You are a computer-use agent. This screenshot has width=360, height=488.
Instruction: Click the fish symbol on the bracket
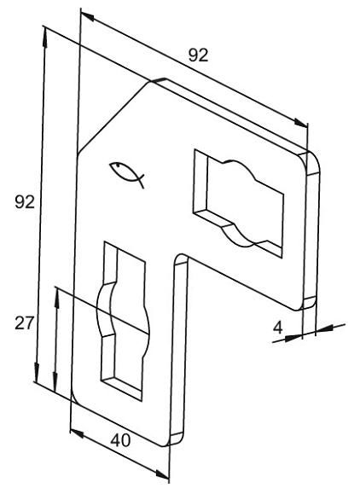pos(127,175)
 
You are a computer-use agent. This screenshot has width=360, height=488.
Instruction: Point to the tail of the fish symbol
pos(141,181)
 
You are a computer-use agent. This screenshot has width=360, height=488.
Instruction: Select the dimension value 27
pos(24,322)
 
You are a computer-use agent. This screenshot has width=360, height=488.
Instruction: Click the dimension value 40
pos(120,439)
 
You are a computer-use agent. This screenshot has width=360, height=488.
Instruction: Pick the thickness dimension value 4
pos(278,327)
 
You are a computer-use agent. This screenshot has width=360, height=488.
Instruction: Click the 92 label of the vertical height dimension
pos(25,202)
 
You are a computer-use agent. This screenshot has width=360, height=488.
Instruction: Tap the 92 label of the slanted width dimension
pos(198,55)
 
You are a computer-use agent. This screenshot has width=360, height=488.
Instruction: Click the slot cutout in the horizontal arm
pos(238,204)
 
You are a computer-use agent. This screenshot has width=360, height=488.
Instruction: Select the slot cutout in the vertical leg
pos(125,321)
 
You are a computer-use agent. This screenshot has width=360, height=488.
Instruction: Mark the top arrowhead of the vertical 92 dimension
pos(45,38)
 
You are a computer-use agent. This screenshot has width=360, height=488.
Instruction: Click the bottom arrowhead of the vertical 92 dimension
pos(37,372)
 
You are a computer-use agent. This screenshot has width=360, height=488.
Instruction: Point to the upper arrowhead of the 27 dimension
pos(57,298)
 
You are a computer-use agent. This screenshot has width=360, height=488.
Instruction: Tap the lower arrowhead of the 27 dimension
pos(55,381)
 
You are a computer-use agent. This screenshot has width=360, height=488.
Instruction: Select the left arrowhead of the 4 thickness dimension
pos(293,338)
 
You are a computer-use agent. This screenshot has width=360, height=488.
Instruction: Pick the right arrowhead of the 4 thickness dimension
pos(324,328)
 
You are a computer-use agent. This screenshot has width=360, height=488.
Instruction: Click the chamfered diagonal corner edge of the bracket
pos(113,118)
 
